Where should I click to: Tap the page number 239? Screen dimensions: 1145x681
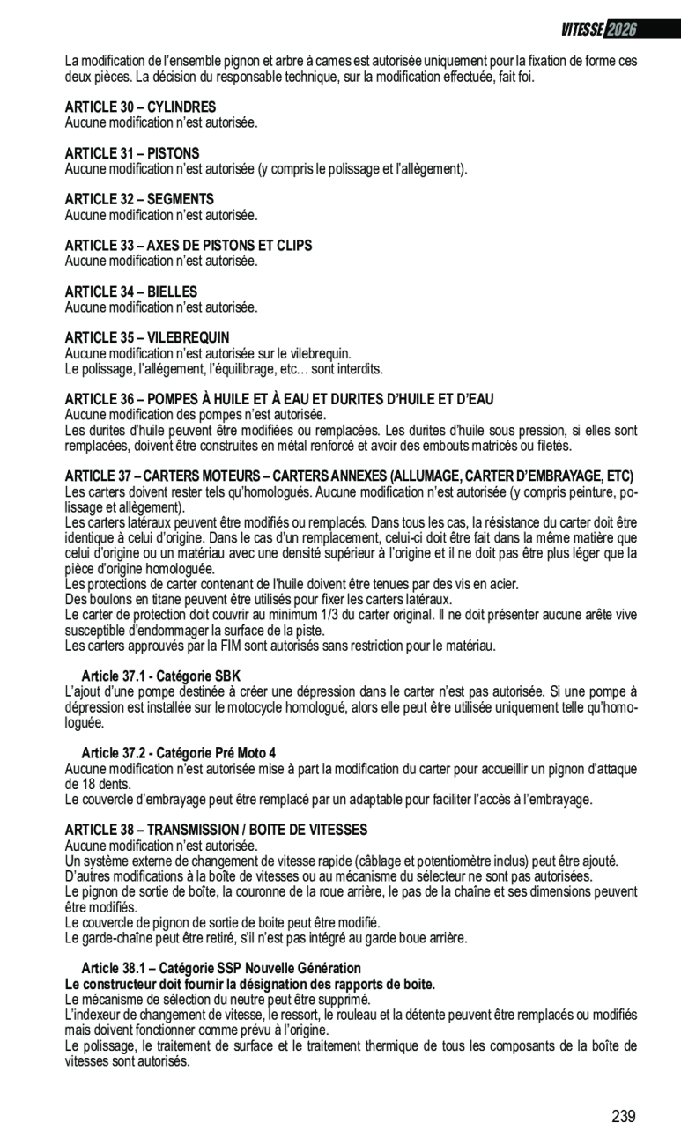pos(624,1117)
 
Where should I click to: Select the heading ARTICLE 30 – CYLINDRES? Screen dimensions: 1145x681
pos(140,107)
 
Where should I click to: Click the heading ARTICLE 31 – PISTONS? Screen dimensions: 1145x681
pos(132,153)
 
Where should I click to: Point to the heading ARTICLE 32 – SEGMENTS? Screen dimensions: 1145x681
pos(139,199)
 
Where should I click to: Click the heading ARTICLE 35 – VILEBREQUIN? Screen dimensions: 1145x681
pos(147,337)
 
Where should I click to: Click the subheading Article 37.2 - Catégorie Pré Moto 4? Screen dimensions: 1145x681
pos(178,753)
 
